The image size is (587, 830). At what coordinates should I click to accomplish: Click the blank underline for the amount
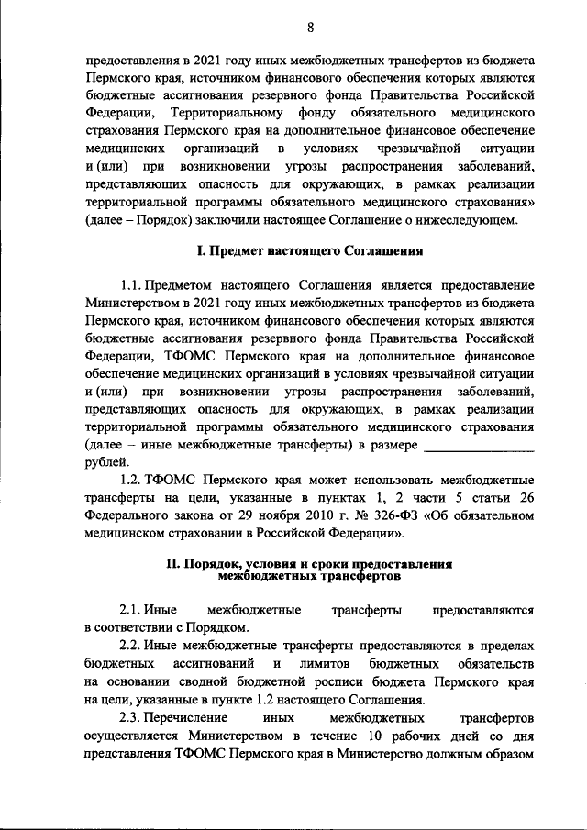tap(480, 444)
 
